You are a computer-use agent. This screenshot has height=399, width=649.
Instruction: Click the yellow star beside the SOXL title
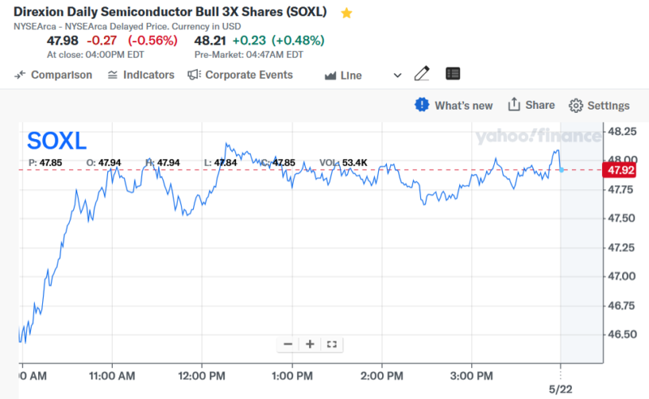[346, 13]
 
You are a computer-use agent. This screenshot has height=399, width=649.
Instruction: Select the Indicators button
[140, 75]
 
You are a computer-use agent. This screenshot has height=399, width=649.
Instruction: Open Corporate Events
[240, 75]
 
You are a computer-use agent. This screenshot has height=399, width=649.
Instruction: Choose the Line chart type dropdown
[363, 75]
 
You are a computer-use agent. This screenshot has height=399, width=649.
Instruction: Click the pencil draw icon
[421, 74]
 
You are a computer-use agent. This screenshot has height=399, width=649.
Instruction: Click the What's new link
[454, 105]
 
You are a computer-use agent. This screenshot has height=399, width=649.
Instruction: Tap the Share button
[531, 105]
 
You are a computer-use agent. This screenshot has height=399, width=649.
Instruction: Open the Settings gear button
[600, 106]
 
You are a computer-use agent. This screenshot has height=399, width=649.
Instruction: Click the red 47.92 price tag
[620, 170]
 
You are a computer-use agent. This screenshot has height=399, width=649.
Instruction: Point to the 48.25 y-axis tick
[621, 131]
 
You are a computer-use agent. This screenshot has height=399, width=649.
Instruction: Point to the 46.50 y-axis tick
[621, 334]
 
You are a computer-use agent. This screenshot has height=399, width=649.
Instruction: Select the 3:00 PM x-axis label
[471, 377]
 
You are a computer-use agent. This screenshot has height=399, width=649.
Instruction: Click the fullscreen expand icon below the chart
[331, 345]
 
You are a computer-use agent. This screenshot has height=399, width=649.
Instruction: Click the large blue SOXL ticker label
[57, 141]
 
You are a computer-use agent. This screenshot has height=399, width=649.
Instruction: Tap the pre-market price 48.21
[210, 40]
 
